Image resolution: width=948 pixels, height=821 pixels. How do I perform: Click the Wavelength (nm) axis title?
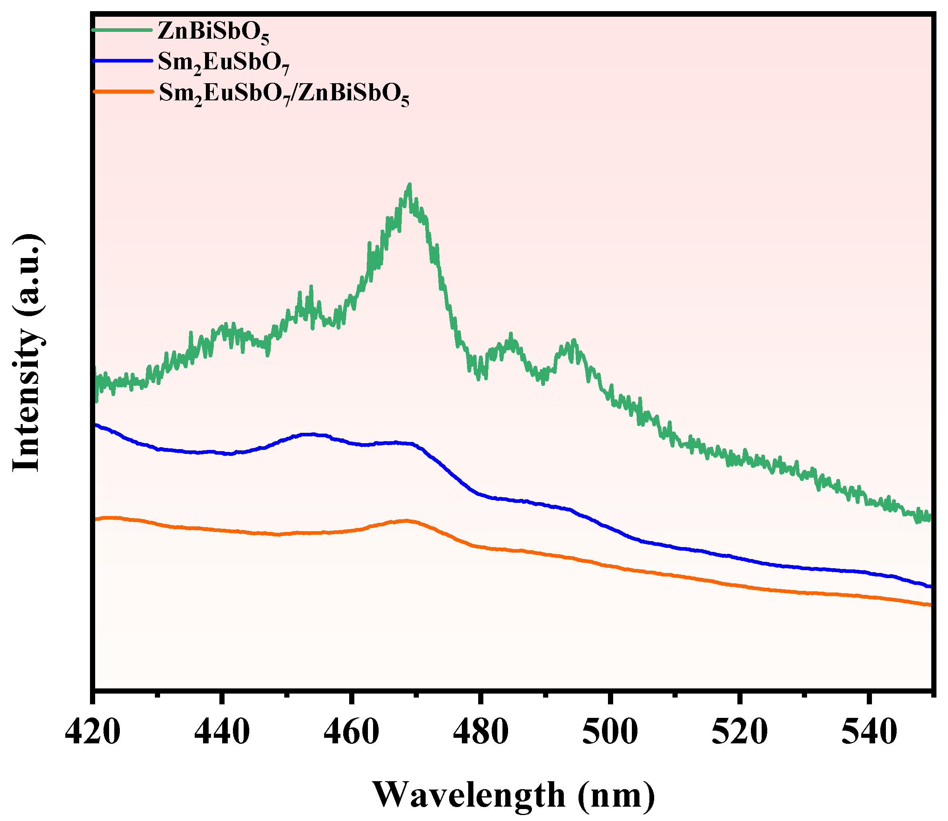[513, 796]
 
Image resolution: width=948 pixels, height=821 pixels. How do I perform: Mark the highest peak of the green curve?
[410, 185]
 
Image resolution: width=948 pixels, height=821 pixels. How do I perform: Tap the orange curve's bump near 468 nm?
[405, 520]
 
